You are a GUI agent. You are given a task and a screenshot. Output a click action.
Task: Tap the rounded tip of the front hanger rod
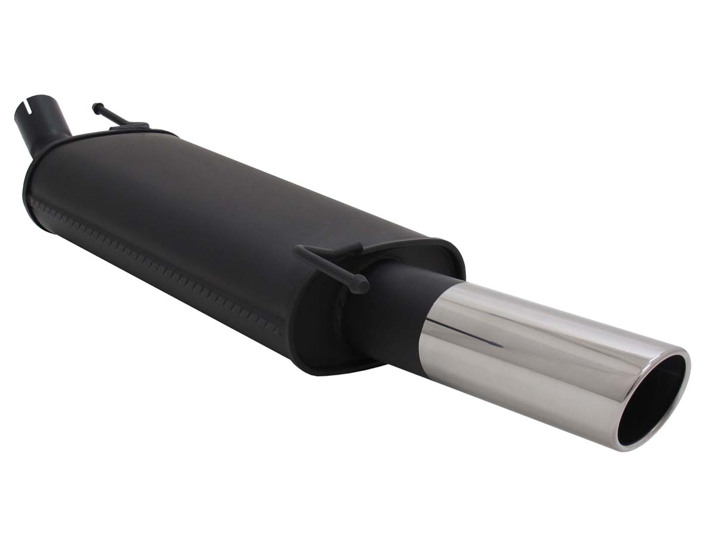tap(95, 107)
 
